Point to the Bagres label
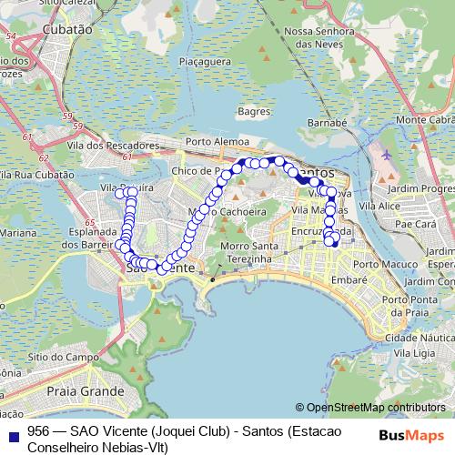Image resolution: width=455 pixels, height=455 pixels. point(249,111)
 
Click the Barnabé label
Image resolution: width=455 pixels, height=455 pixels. point(328,121)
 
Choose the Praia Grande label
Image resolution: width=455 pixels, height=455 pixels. point(84,391)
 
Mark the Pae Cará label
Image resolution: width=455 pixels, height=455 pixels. point(420,223)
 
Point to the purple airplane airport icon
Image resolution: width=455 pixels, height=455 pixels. point(387,155)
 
